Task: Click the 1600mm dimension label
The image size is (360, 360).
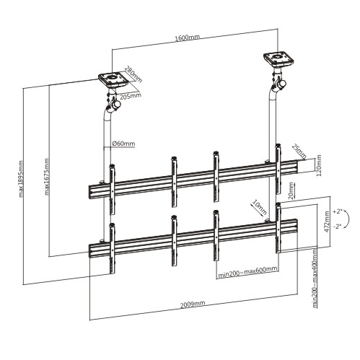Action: (x=187, y=38)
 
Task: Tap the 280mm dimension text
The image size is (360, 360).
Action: (x=133, y=74)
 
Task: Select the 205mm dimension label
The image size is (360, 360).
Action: (x=131, y=96)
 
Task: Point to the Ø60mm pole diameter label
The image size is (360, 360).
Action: (x=123, y=144)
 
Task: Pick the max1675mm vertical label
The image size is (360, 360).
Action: (x=47, y=177)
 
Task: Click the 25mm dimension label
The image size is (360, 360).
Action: (x=299, y=152)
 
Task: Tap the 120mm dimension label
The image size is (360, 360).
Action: (x=319, y=165)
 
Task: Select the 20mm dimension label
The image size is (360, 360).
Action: (x=291, y=191)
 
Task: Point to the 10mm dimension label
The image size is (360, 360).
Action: (x=259, y=207)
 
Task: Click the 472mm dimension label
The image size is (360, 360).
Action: (x=327, y=221)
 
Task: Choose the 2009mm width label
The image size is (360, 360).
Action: (x=193, y=304)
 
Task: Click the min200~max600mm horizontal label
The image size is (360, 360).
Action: (x=247, y=273)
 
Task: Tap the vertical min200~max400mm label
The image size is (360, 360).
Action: (x=315, y=278)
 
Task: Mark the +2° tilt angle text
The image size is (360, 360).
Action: (x=338, y=211)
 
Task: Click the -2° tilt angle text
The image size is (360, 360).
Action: (x=338, y=227)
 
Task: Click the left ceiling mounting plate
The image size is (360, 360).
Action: (x=113, y=79)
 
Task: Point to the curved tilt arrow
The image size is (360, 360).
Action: (x=348, y=219)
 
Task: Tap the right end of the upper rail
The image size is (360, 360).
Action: (x=297, y=167)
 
